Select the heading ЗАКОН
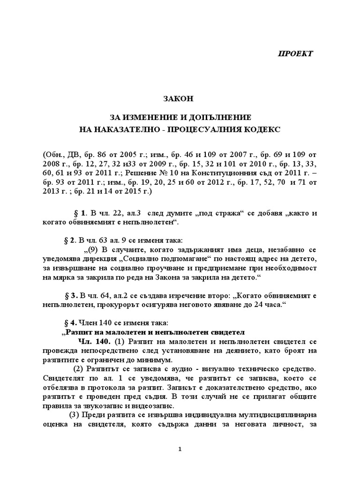(180, 99)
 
